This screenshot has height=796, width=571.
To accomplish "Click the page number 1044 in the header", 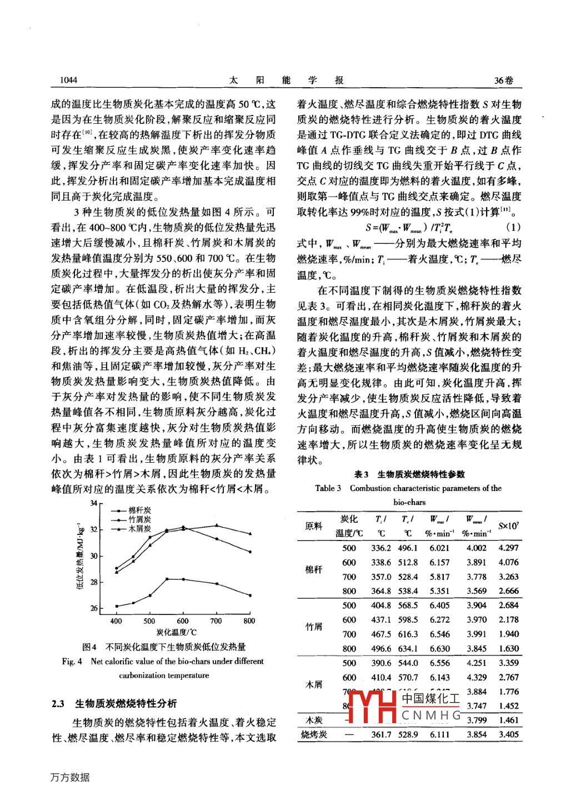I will click(68, 80).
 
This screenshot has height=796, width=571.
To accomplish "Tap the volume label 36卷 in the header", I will click(503, 80).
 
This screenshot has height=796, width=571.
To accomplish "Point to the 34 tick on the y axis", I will click(94, 503).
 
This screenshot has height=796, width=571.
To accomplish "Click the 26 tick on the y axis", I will click(94, 608).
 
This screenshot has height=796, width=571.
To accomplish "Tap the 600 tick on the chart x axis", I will click(183, 621).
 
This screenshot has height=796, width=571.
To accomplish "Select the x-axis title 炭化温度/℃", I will click(176, 632).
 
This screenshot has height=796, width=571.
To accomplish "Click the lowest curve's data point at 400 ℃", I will click(117, 606).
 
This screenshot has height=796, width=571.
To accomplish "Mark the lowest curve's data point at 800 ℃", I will click(250, 595).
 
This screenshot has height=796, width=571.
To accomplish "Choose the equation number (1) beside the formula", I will click(513, 227).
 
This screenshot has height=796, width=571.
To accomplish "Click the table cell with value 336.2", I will click(381, 548).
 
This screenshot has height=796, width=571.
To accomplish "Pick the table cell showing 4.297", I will click(508, 548).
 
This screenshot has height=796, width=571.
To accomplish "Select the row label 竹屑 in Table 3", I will click(314, 627).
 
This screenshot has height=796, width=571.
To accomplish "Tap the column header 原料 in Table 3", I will click(314, 526).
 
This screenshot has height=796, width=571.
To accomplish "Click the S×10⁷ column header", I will click(508, 526).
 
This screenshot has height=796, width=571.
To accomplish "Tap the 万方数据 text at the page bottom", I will click(70, 777).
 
